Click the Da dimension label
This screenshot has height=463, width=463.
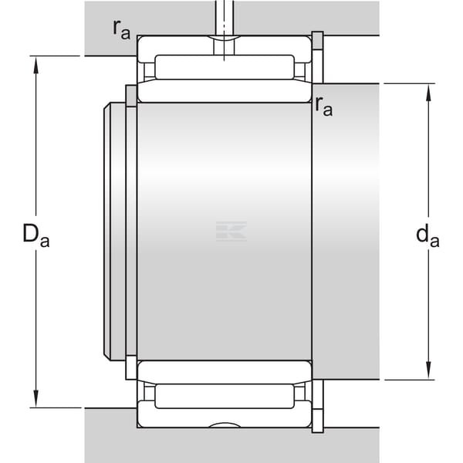pyautogui.click(x=36, y=235)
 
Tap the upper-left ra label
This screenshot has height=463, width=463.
pyautogui.click(x=121, y=30)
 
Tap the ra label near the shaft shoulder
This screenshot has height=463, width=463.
pyautogui.click(x=323, y=106)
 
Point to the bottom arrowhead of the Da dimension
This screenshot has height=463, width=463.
pyautogui.click(x=36, y=399)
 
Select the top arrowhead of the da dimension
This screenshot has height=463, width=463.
pyautogui.click(x=428, y=93)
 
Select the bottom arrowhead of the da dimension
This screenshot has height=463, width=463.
pyautogui.click(x=428, y=371)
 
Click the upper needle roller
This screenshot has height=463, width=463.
pyautogui.click(x=225, y=67)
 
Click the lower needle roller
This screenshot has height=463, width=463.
pyautogui.click(x=225, y=397)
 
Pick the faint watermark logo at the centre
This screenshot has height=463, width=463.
pyautogui.click(x=231, y=231)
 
